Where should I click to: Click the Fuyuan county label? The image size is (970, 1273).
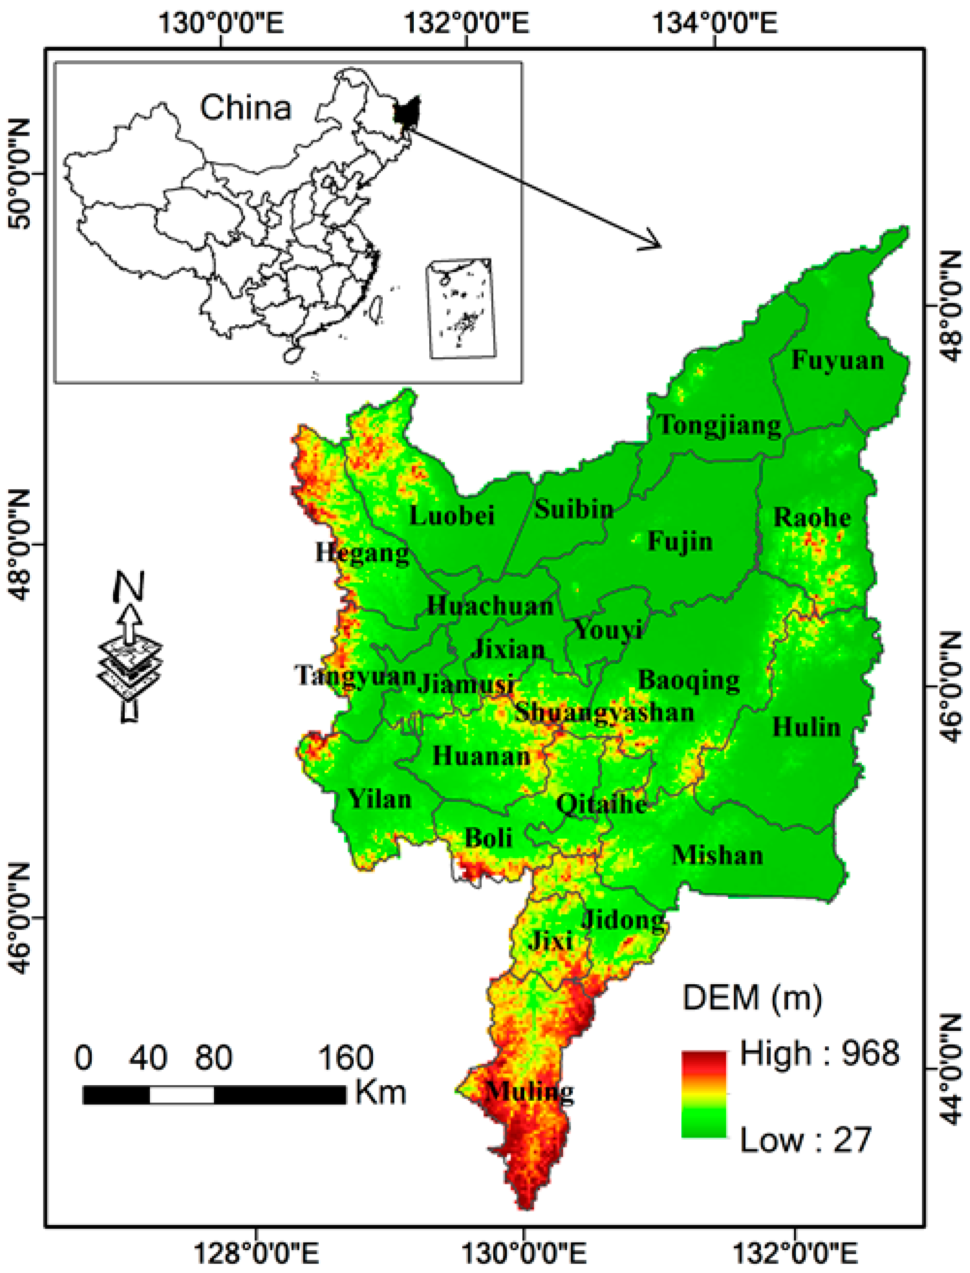click(x=837, y=361)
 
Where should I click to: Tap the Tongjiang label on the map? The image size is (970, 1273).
click(x=720, y=426)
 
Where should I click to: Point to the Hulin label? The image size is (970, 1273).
click(x=807, y=727)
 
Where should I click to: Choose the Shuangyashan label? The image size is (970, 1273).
click(x=604, y=712)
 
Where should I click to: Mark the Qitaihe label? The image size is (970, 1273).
click(x=601, y=804)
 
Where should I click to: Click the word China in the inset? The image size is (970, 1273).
click(x=245, y=108)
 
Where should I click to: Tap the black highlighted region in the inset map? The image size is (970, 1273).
click(x=406, y=112)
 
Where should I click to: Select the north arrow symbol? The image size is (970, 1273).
click(x=130, y=647)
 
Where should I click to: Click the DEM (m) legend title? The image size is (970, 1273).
click(x=752, y=997)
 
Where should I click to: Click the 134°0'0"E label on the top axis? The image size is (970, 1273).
click(x=714, y=24)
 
